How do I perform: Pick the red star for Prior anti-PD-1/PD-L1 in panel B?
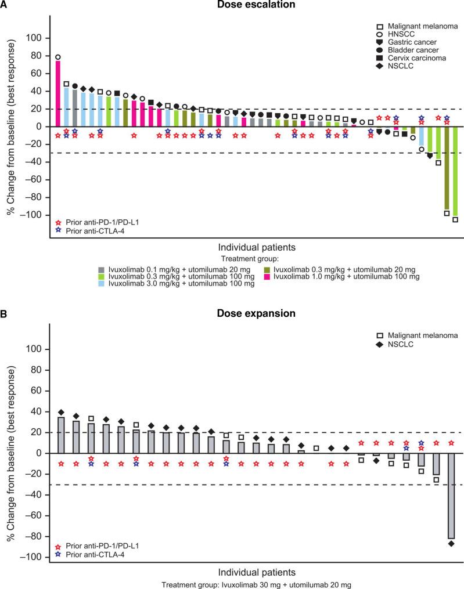[57, 546]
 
